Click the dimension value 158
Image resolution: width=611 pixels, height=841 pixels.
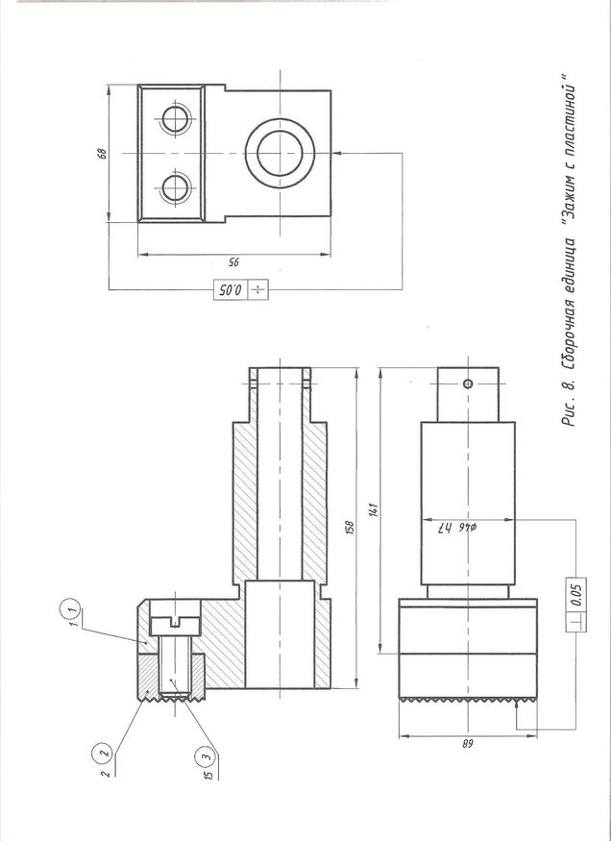click(350, 528)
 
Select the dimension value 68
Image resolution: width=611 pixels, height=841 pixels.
click(103, 153)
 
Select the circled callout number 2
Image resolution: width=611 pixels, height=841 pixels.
click(104, 753)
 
